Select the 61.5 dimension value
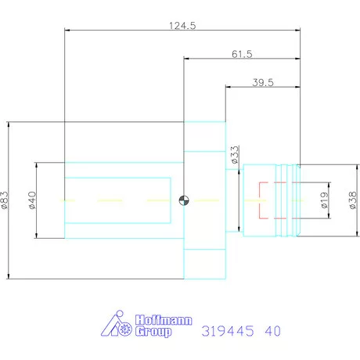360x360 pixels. point(243,53)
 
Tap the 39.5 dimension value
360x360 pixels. point(262,82)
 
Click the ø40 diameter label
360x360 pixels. point(33,200)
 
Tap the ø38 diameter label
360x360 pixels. point(352,200)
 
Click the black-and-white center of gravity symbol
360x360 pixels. point(184,200)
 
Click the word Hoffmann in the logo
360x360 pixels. point(161,320)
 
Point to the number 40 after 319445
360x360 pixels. point(272,330)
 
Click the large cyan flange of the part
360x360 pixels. point(204,200)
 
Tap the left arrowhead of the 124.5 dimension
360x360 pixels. point(67,31)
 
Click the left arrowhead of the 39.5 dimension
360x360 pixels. point(228,88)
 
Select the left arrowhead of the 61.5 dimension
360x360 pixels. point(187,59)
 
